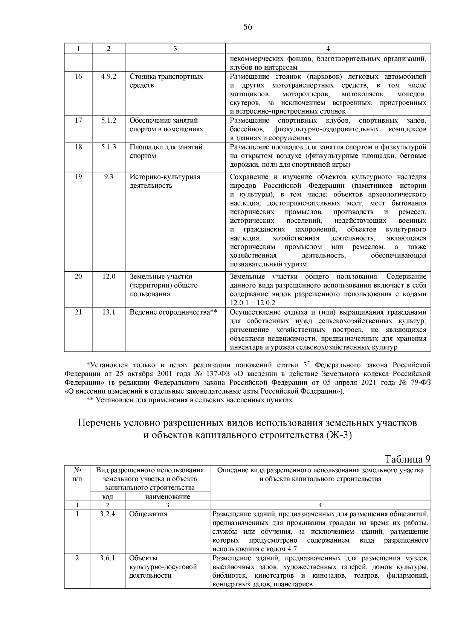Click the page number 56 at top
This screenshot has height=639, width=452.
click(x=247, y=27)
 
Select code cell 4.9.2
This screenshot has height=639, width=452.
click(x=108, y=76)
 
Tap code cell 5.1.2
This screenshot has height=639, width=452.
click(x=108, y=120)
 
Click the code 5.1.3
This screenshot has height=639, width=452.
click(x=108, y=147)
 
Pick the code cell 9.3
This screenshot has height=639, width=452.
click(x=108, y=176)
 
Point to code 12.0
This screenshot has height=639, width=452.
click(x=108, y=276)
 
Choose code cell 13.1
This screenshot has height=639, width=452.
click(x=108, y=312)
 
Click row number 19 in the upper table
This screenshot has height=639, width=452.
click(x=78, y=176)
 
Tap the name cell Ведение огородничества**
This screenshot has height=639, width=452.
click(x=174, y=312)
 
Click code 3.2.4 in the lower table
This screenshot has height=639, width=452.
click(x=107, y=514)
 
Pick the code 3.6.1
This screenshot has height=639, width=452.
click(x=107, y=558)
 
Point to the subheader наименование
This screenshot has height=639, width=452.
click(x=167, y=496)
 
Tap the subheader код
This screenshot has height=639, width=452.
click(x=108, y=496)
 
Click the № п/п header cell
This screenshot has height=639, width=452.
click(x=77, y=474)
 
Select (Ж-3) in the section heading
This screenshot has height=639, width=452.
click(x=339, y=435)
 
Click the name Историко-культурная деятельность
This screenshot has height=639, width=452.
click(x=165, y=181)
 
